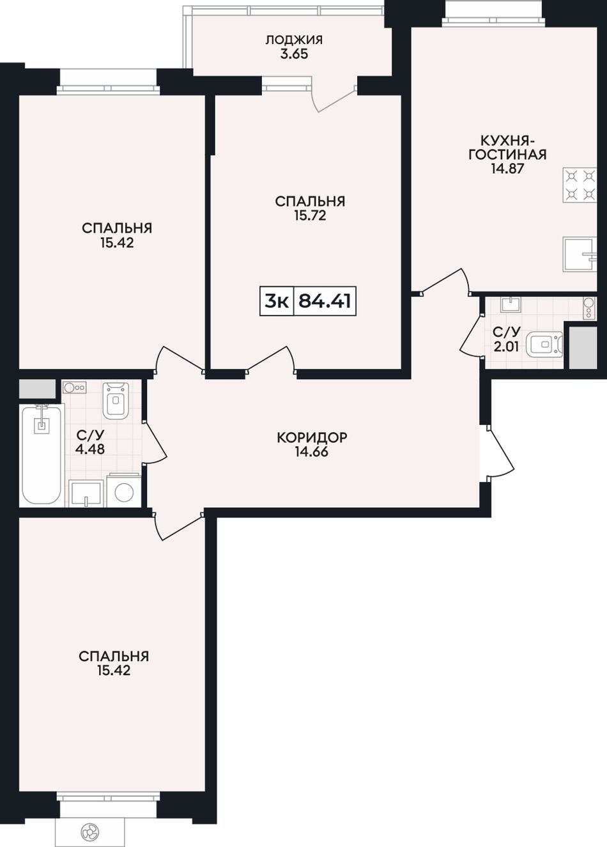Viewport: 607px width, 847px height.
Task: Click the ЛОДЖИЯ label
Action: [x=294, y=40]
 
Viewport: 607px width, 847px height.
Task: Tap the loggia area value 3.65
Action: [x=294, y=54]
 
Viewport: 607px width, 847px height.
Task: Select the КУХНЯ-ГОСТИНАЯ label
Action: [x=507, y=148]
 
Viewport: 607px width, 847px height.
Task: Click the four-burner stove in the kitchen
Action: [x=580, y=185]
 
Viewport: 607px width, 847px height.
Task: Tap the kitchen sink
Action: [x=580, y=254]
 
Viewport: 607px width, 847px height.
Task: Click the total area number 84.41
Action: [x=325, y=301]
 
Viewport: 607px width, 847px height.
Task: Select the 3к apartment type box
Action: [x=277, y=301]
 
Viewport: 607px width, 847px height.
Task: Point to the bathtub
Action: [x=41, y=455]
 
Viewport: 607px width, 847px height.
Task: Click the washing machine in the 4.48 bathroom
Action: [x=124, y=490]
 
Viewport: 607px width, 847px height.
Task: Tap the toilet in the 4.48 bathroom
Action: [x=116, y=400]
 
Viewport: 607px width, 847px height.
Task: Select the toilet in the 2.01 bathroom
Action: [x=544, y=345]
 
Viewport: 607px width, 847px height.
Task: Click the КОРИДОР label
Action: [x=312, y=437]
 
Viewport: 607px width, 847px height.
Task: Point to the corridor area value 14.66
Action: [x=312, y=452]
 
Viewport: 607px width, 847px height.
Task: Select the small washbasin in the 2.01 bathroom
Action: [x=511, y=304]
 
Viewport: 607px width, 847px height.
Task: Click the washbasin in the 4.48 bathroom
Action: [x=86, y=493]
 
